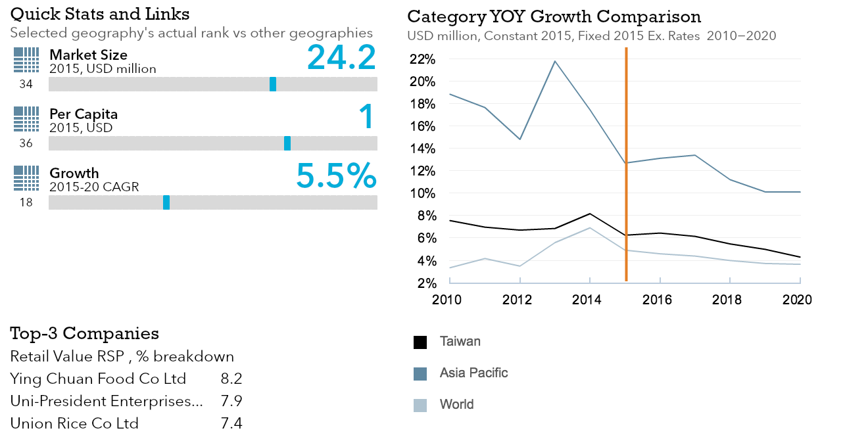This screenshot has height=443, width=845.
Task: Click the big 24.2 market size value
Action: (x=341, y=57)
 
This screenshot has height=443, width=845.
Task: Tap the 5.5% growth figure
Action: (x=336, y=175)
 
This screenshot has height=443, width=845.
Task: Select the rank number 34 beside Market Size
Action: (x=26, y=84)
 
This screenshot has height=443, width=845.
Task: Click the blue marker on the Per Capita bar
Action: (x=287, y=143)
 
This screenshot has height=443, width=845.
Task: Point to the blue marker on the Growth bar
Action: (x=166, y=202)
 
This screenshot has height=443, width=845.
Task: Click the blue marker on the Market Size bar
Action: (x=273, y=84)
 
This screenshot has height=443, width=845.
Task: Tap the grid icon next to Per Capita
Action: (x=26, y=119)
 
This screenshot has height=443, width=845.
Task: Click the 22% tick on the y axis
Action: (x=423, y=59)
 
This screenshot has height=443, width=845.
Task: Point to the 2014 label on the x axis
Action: (x=587, y=300)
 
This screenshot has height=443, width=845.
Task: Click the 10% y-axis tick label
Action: (x=423, y=193)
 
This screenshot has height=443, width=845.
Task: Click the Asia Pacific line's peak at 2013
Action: (x=555, y=61)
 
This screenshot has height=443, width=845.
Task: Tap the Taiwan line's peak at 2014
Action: (x=590, y=214)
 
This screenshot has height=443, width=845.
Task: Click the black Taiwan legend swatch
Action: (x=420, y=342)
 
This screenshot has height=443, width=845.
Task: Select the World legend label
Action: (x=456, y=404)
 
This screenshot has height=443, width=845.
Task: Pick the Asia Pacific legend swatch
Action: (x=420, y=374)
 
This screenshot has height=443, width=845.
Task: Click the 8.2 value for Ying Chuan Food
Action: (x=231, y=379)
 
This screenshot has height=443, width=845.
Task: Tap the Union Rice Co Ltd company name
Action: (x=74, y=423)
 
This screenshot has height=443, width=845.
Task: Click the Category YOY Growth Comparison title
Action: (x=554, y=16)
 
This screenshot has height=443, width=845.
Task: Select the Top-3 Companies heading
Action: (x=84, y=333)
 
